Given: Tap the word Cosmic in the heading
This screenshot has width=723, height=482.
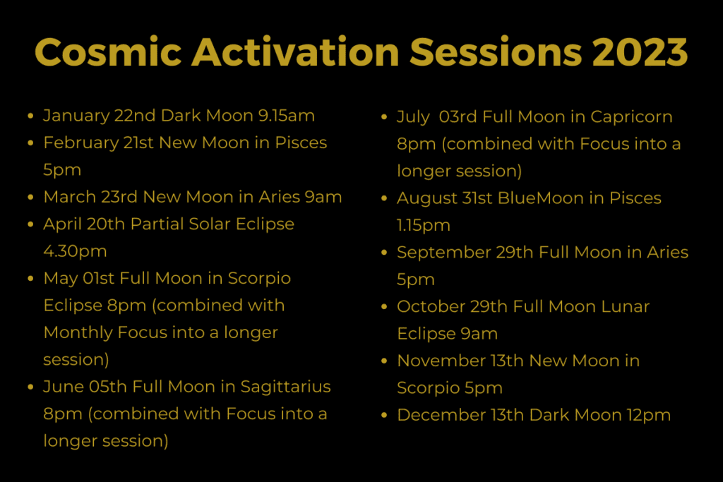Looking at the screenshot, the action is click(x=108, y=52).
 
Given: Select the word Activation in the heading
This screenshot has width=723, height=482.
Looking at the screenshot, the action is click(x=296, y=52).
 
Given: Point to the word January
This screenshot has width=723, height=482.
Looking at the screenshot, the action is click(x=76, y=116).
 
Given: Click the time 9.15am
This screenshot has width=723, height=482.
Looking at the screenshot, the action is click(x=287, y=115).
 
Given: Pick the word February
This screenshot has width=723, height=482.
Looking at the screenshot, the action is click(x=80, y=143).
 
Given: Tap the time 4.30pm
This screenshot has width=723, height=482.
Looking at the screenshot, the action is click(x=75, y=251).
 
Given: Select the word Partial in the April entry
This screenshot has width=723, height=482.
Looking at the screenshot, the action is click(x=157, y=224).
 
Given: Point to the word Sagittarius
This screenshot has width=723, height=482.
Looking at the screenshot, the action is click(x=285, y=387).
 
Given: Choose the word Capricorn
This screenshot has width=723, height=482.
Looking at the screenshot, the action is click(x=631, y=117).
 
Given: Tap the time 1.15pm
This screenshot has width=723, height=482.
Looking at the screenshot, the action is click(x=424, y=225).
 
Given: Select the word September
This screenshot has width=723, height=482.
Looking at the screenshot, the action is click(x=443, y=253).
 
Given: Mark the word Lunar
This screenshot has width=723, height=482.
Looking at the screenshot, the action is click(x=626, y=306).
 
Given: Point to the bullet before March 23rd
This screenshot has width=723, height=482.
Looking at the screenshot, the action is click(x=30, y=197).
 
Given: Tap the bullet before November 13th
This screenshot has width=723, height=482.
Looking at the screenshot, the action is click(x=384, y=361).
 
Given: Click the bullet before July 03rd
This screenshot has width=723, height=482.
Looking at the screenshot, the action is click(x=384, y=117).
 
